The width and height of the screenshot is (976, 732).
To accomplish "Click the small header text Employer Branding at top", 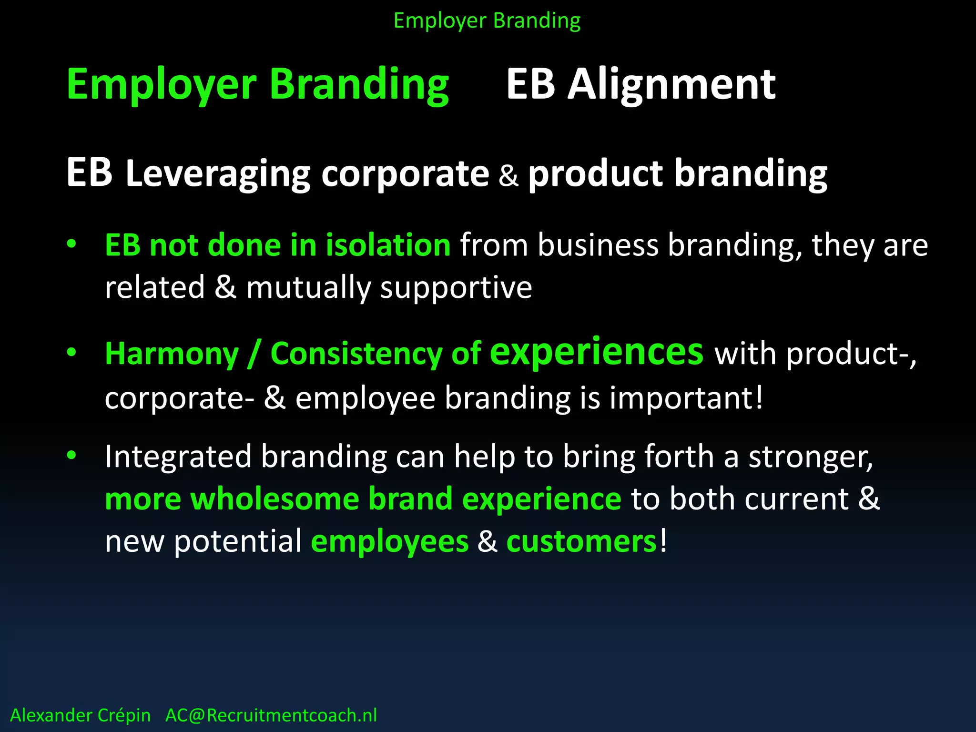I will click(x=487, y=21).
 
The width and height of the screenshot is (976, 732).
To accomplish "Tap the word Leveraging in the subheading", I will click(x=218, y=174).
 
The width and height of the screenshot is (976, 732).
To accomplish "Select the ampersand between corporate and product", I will click(x=508, y=175).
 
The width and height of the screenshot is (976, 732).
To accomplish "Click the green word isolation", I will click(x=388, y=245).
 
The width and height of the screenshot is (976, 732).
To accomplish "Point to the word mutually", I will click(x=308, y=288).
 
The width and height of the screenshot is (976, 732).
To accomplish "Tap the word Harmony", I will click(x=172, y=354).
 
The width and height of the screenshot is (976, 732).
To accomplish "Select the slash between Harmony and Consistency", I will click(x=254, y=354).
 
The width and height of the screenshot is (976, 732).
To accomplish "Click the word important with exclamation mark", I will click(x=686, y=398).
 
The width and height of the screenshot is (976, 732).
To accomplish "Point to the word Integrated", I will click(x=178, y=457).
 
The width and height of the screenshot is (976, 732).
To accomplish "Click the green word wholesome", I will click(x=274, y=499).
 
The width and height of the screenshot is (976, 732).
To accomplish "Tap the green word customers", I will click(x=581, y=542).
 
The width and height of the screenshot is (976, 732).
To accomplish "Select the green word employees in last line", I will click(x=389, y=542).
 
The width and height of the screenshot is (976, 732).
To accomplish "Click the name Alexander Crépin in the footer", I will click(x=81, y=715).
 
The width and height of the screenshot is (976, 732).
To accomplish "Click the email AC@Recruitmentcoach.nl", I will click(x=271, y=715).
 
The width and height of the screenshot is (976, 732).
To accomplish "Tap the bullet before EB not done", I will click(x=71, y=244).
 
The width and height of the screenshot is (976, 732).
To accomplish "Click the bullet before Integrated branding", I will click(x=71, y=456).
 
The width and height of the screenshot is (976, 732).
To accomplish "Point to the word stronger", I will click(x=811, y=457).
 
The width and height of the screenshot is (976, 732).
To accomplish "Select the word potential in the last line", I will click(x=237, y=542).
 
